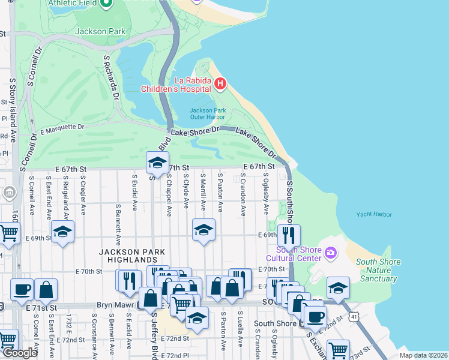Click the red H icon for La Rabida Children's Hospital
pyautogui.click(x=220, y=83)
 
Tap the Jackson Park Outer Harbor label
pyautogui.click(x=207, y=113)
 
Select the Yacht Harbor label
pyautogui.click(x=373, y=214)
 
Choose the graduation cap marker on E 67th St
pyautogui.click(x=157, y=162)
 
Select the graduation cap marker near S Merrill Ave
pyautogui.click(x=203, y=229)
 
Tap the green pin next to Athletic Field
pyautogui.click(x=107, y=3)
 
